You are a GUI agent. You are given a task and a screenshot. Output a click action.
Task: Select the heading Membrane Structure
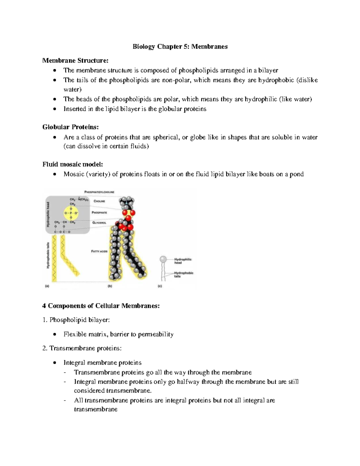coord(75,61)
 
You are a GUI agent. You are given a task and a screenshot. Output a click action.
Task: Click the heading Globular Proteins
coord(70,127)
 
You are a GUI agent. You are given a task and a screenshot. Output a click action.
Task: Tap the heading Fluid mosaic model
coord(73,164)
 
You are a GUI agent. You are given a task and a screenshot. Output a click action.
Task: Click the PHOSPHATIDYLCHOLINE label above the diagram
coord(99,192)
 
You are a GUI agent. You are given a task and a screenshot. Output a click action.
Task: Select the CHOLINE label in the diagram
coord(99,201)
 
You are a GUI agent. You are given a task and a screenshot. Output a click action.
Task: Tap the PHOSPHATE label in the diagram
coord(99,212)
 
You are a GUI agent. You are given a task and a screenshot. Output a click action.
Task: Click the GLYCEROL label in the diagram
coord(99,223)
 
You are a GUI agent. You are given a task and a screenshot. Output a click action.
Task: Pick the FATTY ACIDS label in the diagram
coord(99,251)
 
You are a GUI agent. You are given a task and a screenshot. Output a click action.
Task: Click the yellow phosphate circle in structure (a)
coord(71,213)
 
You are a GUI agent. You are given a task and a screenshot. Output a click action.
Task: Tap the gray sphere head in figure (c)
coord(163,259)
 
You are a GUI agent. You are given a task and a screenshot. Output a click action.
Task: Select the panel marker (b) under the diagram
coord(110,286)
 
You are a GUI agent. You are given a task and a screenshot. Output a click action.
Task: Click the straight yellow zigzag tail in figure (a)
coord(54,258)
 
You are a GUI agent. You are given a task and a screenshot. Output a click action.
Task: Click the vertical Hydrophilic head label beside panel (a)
coord(48,215)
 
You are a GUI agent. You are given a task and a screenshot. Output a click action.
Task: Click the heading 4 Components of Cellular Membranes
coord(101,306)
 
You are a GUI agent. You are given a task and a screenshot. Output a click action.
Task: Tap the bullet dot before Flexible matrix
coord(54,334)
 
